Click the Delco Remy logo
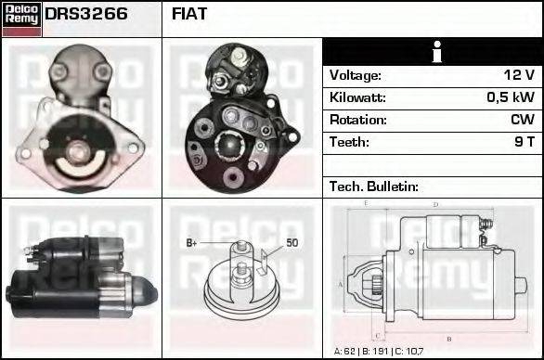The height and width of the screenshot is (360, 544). tap(20, 18)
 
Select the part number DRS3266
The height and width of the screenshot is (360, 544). tap(86, 15)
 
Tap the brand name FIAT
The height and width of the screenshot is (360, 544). tap(189, 15)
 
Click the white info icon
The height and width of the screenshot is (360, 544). tap(434, 53)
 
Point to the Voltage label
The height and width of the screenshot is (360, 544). tap(355, 75)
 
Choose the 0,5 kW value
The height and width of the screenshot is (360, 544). tap(511, 97)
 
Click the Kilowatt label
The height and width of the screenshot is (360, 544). tap(357, 97)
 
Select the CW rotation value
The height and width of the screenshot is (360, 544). tap(522, 120)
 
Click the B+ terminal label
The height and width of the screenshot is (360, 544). tap(192, 243)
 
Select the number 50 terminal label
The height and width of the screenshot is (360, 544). tap(291, 243)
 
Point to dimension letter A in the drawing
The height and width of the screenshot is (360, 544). tap(341, 283)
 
